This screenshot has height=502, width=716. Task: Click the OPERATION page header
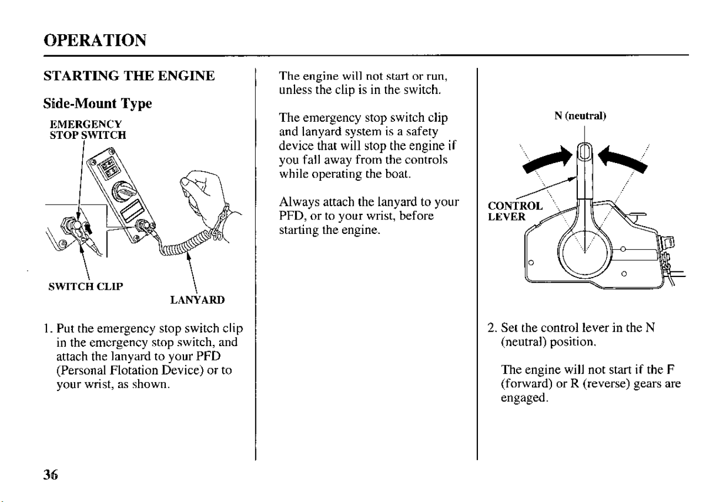point(95,40)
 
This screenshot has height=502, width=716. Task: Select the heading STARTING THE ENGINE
point(129,76)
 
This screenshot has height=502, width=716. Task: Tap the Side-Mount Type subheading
point(97,104)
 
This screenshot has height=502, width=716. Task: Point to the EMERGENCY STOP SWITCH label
point(88,129)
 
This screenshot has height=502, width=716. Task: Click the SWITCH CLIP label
point(86,286)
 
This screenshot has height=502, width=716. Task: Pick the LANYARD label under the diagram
point(198,300)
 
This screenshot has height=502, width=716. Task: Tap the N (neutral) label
point(580,116)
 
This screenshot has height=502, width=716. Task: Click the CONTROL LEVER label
point(515,211)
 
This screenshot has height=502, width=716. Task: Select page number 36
point(50,475)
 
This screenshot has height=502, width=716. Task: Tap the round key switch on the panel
point(124,192)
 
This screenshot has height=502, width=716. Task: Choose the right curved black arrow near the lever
point(622,160)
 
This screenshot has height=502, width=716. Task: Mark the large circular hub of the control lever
point(585,253)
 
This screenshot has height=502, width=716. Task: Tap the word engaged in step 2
point(524,398)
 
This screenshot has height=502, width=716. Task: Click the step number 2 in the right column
point(491,328)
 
